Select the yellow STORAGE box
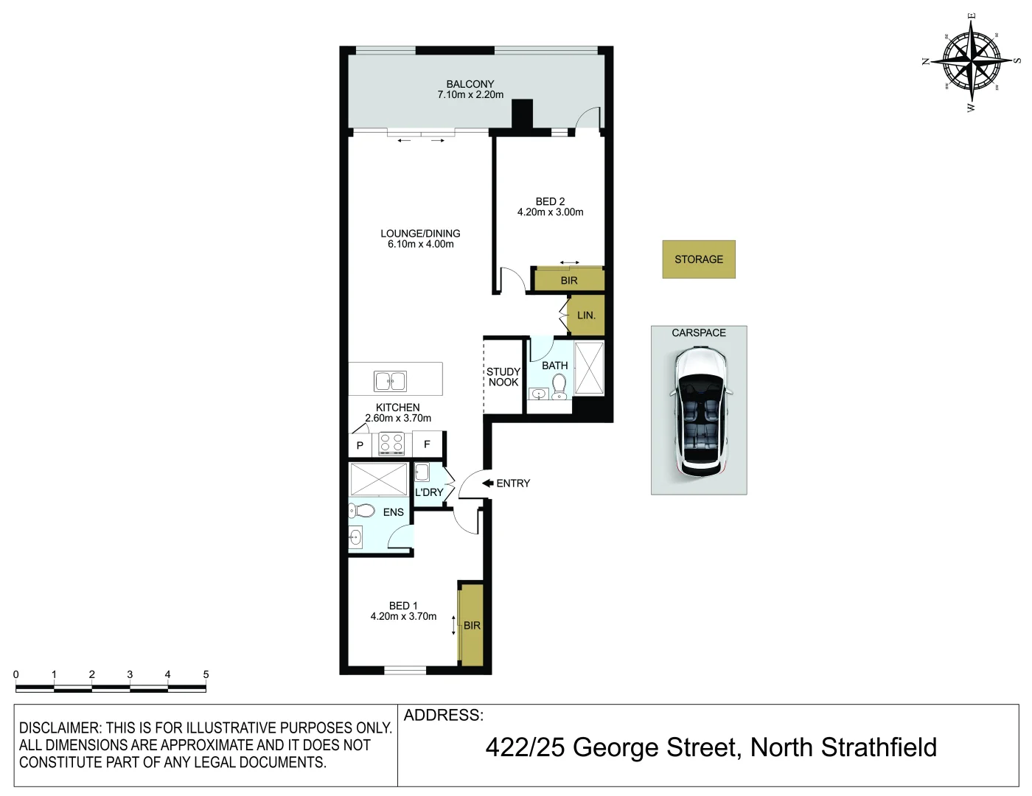(x=699, y=259)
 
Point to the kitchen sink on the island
(x=390, y=380)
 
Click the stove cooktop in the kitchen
(x=391, y=444)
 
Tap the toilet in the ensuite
(x=362, y=510)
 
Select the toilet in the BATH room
(x=559, y=385)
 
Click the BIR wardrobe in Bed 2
(x=568, y=280)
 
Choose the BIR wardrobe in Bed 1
(x=472, y=625)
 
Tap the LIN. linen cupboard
(x=586, y=315)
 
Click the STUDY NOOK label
(x=503, y=377)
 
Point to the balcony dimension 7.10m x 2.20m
(x=470, y=94)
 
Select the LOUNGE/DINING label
(x=420, y=233)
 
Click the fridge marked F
(x=427, y=444)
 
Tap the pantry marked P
(x=360, y=445)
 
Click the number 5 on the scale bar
(x=206, y=674)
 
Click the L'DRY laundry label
(x=429, y=492)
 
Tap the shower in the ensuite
(x=378, y=479)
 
